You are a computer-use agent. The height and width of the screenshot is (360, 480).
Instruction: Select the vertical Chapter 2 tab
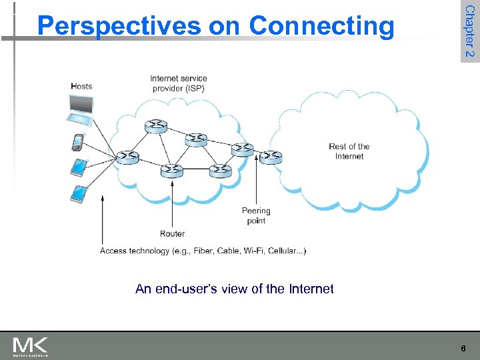[469, 31]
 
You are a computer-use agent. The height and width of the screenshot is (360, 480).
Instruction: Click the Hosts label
[81, 86]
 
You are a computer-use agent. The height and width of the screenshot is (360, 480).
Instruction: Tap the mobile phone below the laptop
[78, 142]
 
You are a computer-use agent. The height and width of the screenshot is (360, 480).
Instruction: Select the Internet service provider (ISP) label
[179, 83]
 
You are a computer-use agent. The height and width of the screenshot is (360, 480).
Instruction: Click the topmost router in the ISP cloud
[156, 125]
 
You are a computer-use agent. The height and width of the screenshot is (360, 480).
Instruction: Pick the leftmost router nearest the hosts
[127, 157]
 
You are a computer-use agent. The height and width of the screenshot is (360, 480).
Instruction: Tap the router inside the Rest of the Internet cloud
[271, 157]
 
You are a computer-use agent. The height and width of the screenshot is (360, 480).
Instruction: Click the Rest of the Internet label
[349, 151]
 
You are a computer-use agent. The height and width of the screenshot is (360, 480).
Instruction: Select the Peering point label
[256, 215]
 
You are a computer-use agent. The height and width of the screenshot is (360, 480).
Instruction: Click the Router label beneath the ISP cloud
[172, 234]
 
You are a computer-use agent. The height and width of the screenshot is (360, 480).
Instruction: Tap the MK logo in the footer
[31, 346]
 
